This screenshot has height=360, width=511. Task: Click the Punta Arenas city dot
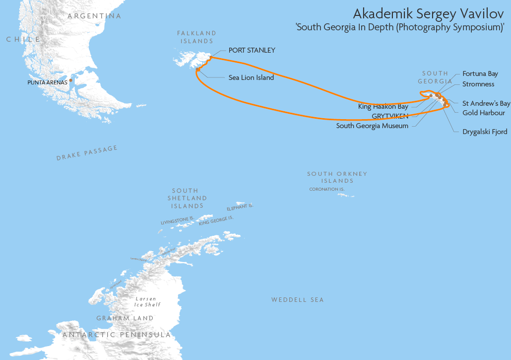pos(71,80)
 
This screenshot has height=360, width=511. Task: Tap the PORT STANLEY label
pos(252,50)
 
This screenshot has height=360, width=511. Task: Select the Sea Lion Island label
pos(251,77)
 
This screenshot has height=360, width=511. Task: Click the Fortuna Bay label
pos(480,73)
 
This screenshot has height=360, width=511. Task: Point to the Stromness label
pos(478,84)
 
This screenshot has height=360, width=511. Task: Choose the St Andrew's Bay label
pos(486,103)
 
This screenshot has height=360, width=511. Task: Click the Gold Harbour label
pos(483,113)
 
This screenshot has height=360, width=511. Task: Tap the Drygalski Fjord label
pos(485,132)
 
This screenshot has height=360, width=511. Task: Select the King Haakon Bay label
pos(383,106)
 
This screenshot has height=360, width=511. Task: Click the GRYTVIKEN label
pos(390,116)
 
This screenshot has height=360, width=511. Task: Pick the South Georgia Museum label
pos(372,126)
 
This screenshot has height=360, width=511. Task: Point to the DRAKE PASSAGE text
pos(87,153)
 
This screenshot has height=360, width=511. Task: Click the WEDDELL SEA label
pos(297,299)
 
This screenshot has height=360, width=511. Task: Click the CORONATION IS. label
pos(326,189)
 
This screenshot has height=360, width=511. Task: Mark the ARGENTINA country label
pos(94,16)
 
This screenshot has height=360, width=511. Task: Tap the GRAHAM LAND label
pos(125,318)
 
